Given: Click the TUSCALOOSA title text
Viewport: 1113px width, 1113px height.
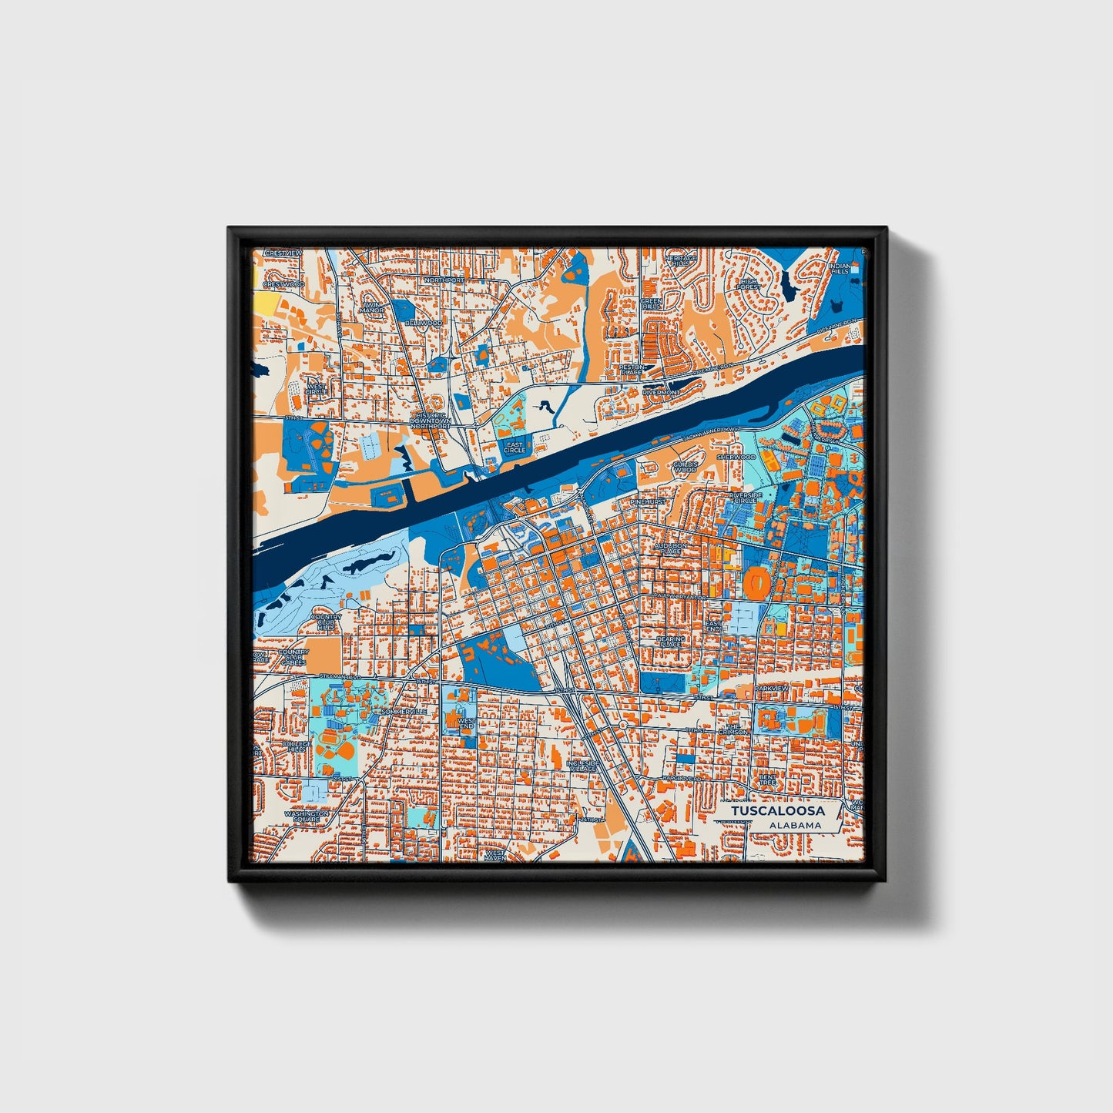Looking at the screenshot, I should pos(778,811).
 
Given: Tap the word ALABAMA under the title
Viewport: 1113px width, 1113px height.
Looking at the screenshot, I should pos(795,826).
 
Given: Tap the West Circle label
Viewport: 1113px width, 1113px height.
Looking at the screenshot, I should pos(317,389).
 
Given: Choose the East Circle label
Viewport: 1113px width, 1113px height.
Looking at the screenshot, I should pos(515,447).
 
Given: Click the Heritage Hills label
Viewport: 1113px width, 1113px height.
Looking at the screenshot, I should pos(682,260).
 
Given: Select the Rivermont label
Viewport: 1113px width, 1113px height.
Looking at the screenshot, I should pos(661,392).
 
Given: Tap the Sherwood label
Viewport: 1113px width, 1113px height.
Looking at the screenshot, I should pos(736,457).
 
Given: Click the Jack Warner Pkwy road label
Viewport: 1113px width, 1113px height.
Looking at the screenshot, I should pos(710,434).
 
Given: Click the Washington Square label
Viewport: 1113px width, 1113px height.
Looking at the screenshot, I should pos(307,816).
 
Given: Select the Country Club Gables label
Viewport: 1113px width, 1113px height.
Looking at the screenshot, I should pos(293,657).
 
